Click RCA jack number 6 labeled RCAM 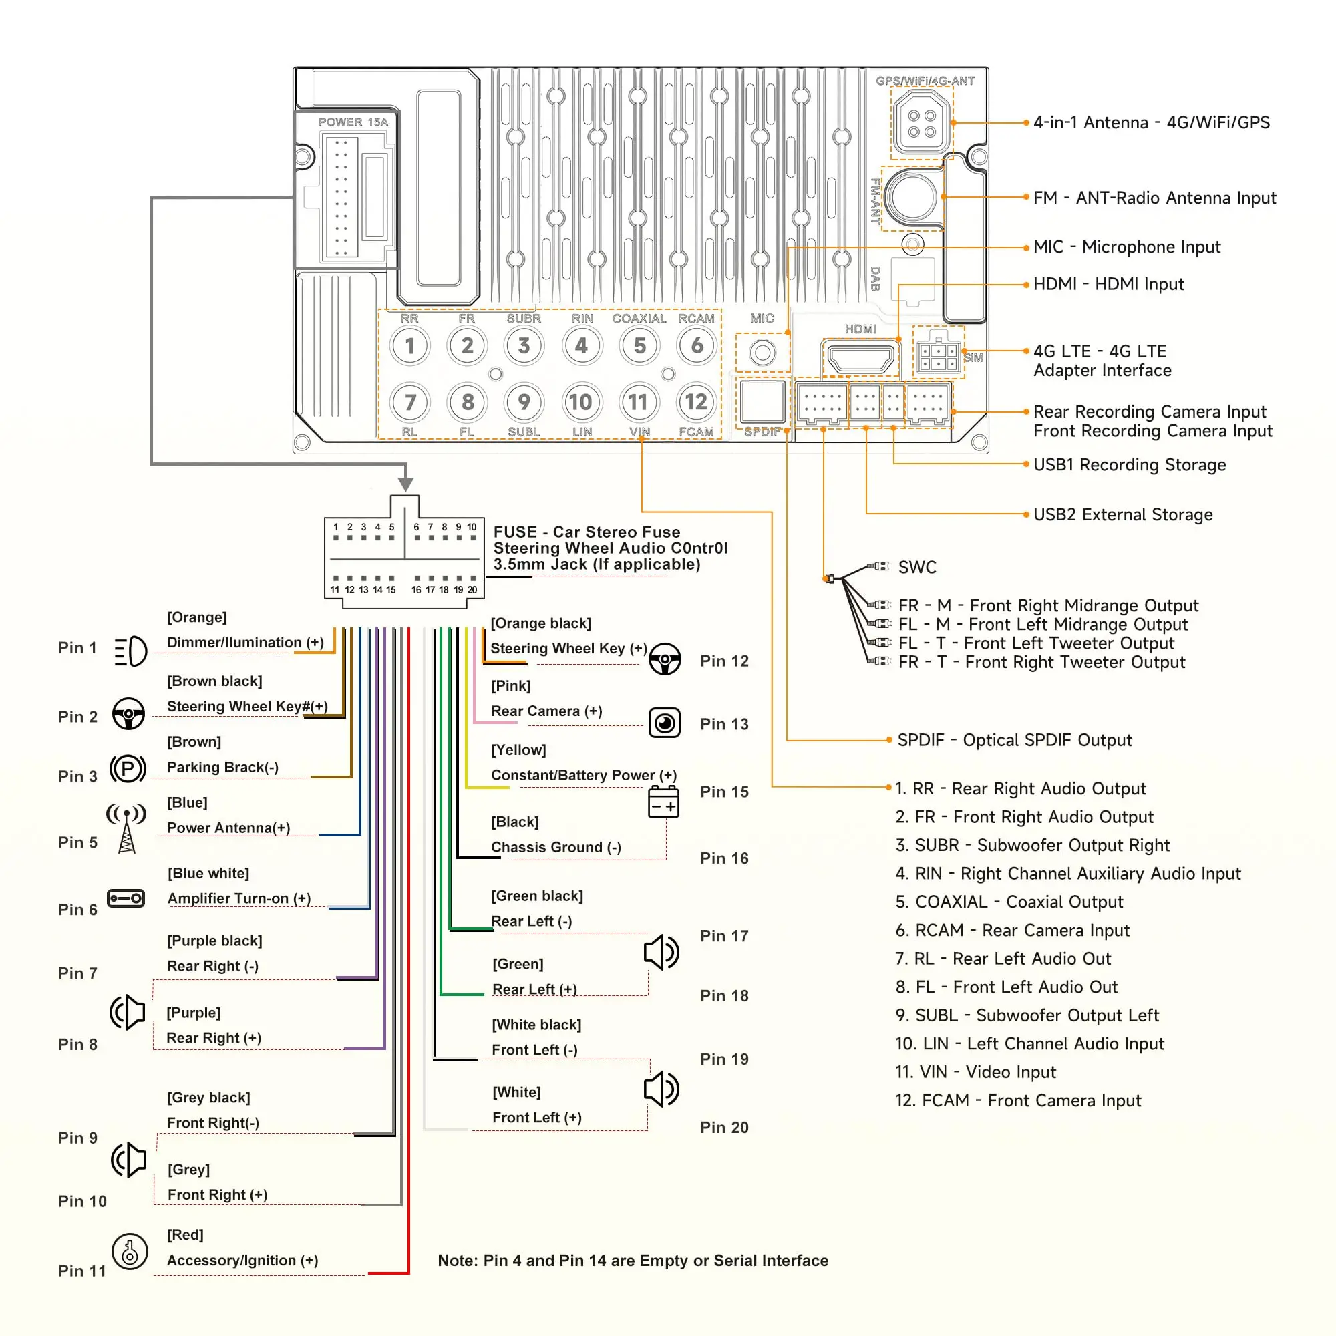tap(697, 345)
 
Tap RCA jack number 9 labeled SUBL tap(524, 401)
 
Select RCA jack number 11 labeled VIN tap(638, 401)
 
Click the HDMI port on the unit tap(860, 359)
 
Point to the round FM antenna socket tap(912, 196)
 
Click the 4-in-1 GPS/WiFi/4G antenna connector tap(922, 123)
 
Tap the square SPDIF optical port tap(762, 401)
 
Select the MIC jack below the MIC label tap(762, 353)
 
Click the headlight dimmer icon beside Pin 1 tap(130, 651)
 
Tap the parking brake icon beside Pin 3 tap(128, 768)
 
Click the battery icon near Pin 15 tap(663, 802)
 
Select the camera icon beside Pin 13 tap(665, 723)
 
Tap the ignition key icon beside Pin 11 tap(130, 1252)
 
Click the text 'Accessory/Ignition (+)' tap(242, 1261)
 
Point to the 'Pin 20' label tap(724, 1128)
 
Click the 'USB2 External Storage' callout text tap(1123, 514)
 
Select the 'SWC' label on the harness tap(917, 568)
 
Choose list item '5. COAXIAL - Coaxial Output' tap(1009, 902)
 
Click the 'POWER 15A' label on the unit tap(353, 122)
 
